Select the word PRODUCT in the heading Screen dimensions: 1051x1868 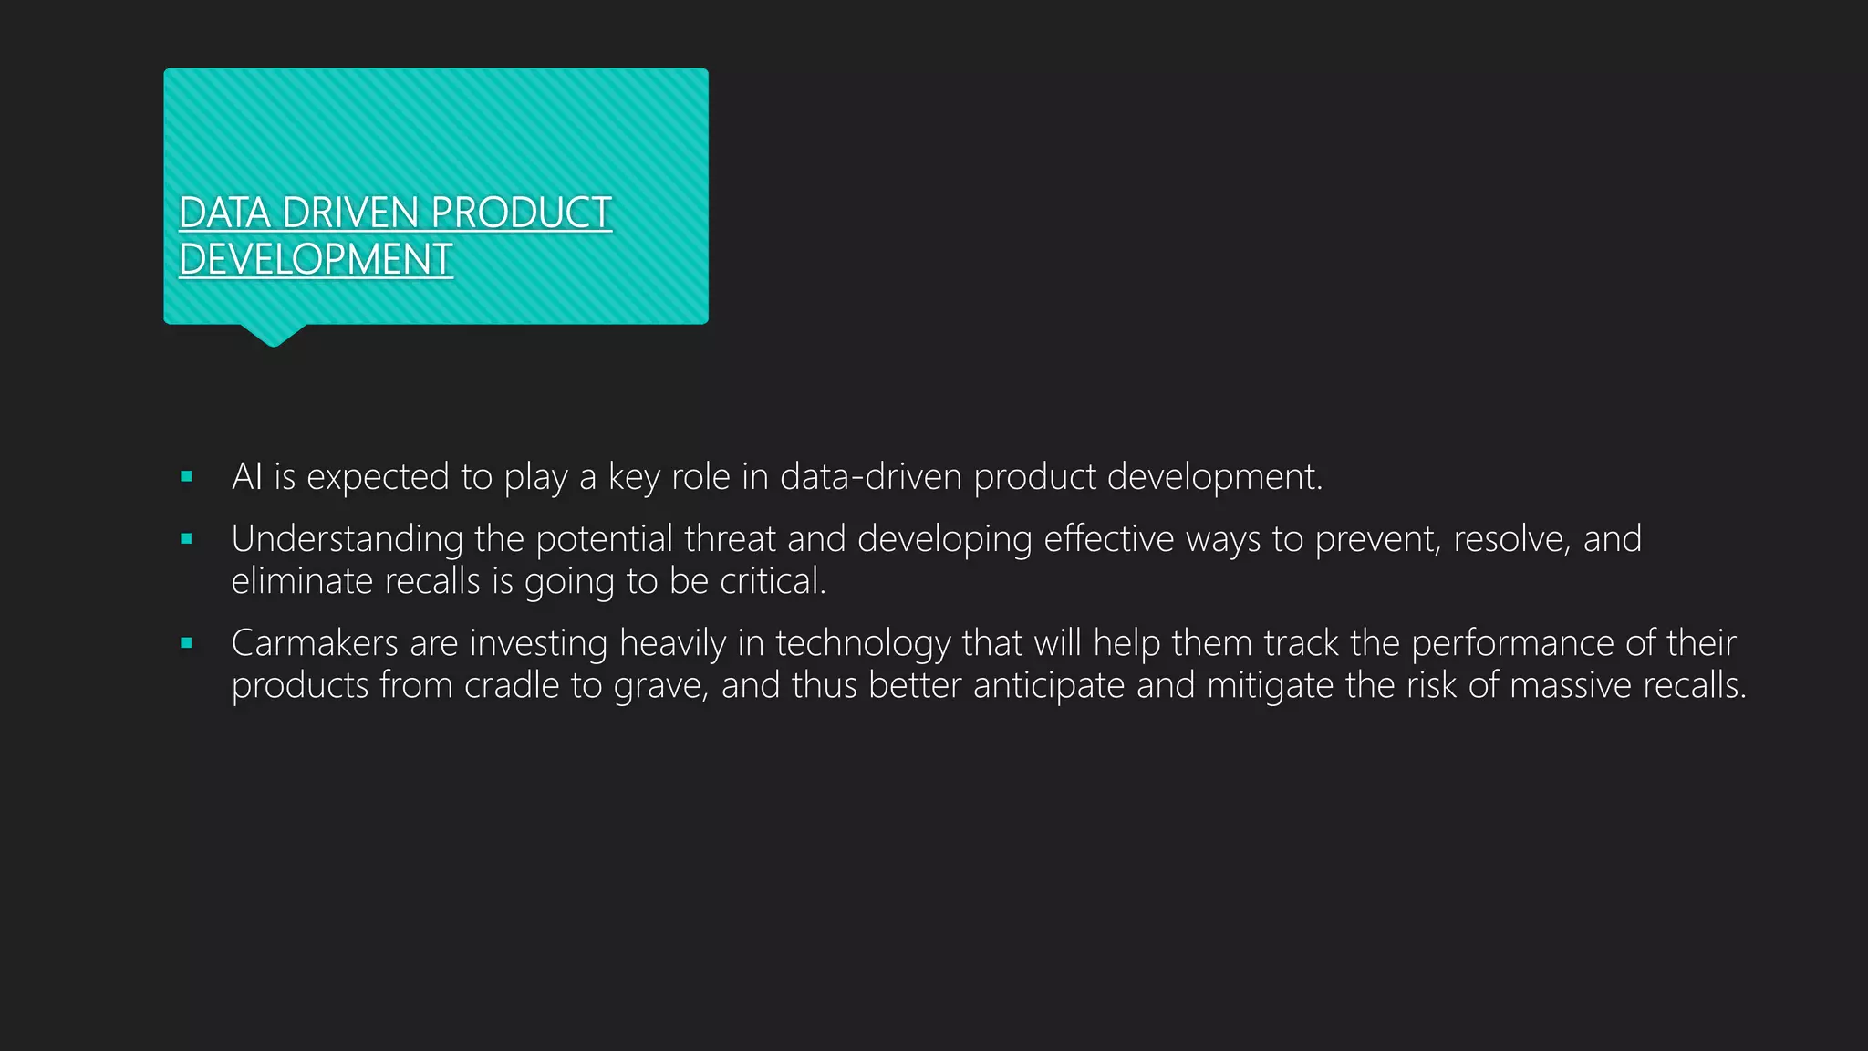click(x=521, y=213)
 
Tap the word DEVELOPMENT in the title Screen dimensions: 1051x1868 click(x=316, y=260)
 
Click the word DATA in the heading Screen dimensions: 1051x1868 click(x=225, y=213)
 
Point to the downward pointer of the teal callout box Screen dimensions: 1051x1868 click(x=273, y=336)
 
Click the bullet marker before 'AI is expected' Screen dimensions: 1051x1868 click(x=187, y=476)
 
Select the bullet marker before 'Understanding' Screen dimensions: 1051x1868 click(x=187, y=539)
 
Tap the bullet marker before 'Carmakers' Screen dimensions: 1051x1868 click(x=187, y=643)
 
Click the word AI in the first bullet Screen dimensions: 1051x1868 click(x=247, y=476)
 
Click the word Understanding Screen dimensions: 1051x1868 click(x=347, y=539)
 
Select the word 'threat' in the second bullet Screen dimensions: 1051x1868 click(x=730, y=539)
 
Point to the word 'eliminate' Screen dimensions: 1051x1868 click(x=302, y=581)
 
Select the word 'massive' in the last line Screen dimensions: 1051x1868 click(x=1570, y=685)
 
